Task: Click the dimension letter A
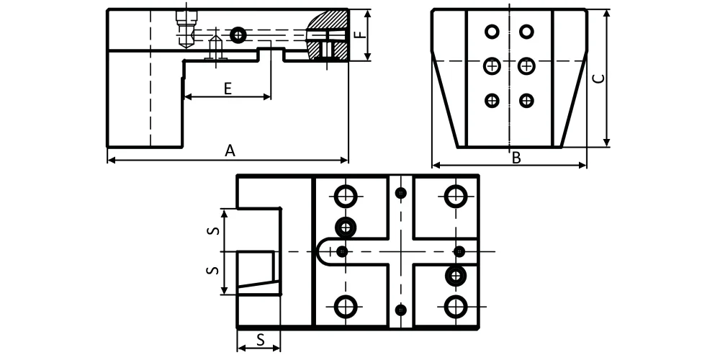(x=230, y=150)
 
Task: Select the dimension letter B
(x=516, y=158)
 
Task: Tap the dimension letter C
(x=598, y=78)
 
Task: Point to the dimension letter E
(x=228, y=89)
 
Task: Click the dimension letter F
(x=361, y=35)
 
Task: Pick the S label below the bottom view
(x=261, y=340)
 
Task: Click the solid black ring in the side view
(x=238, y=35)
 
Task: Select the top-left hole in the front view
(x=492, y=32)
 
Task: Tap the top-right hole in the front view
(x=526, y=32)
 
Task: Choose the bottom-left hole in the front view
(x=492, y=100)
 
